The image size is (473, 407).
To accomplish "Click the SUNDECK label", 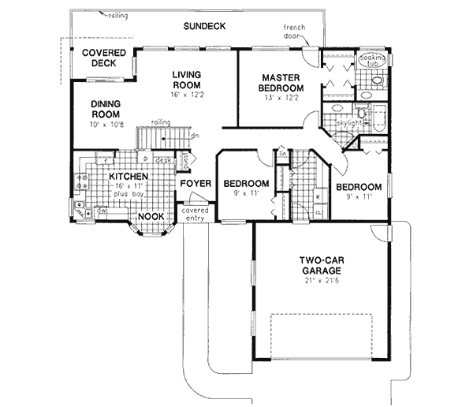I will point(204,26).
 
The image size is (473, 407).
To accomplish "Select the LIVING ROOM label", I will point(188,80).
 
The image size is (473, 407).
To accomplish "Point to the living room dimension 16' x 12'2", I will point(188,95).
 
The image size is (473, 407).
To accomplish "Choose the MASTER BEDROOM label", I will point(281,83).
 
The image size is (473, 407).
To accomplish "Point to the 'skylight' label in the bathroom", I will point(350,123).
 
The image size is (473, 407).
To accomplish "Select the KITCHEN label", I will point(128,177).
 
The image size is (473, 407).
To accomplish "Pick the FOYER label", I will point(195,184).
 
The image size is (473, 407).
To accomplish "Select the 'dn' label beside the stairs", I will point(194,135).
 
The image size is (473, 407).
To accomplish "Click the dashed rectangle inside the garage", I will point(320,334).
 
